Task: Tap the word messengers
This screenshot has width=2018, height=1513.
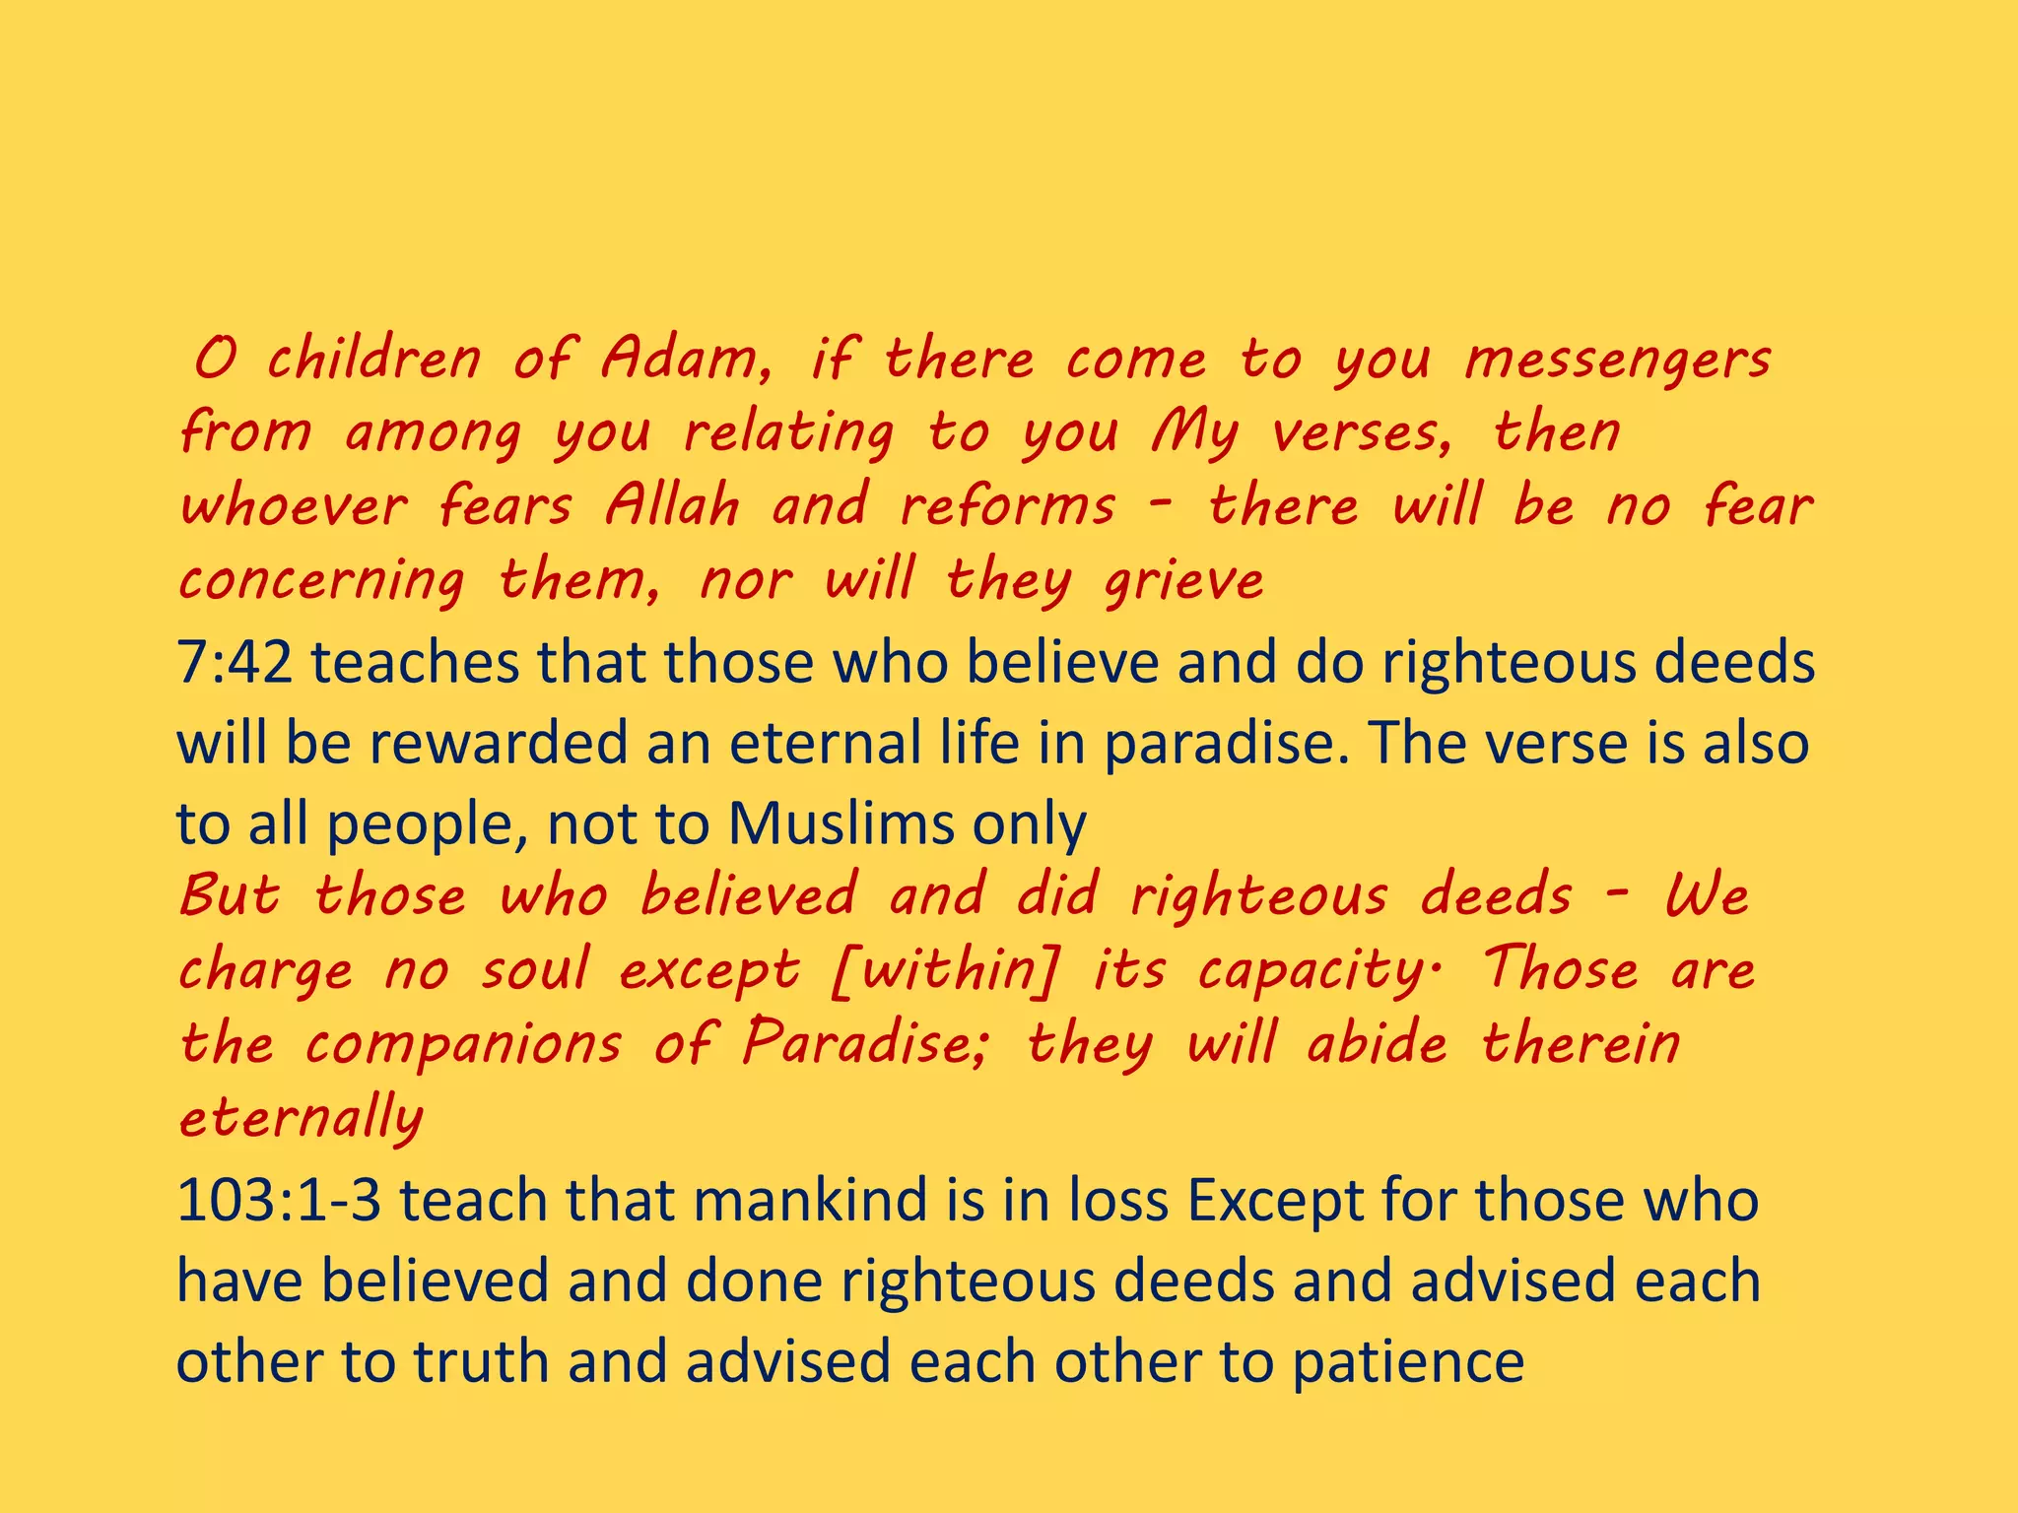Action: click(x=1618, y=361)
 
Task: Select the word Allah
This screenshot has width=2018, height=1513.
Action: click(x=672, y=505)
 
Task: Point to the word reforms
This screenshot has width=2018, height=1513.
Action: click(x=1008, y=505)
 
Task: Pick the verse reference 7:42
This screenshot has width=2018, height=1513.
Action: click(x=235, y=662)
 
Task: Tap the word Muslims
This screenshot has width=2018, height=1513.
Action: click(x=841, y=823)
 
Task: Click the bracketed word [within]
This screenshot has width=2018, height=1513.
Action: click(x=947, y=969)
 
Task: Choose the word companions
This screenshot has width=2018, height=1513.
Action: click(x=463, y=1043)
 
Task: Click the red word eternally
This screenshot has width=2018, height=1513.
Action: click(x=301, y=1119)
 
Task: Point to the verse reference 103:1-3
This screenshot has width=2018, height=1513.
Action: click(x=279, y=1201)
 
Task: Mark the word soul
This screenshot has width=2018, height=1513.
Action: click(x=535, y=969)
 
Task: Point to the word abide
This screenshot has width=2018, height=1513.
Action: click(x=1377, y=1043)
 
